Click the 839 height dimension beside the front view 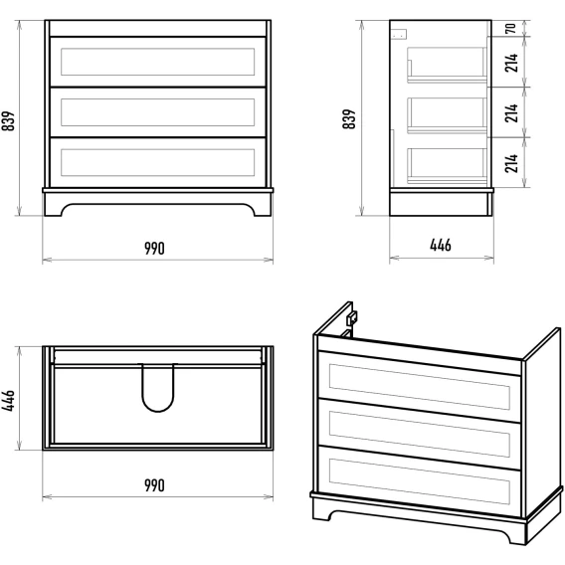pyautogui.click(x=8, y=120)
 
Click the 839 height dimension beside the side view pyautogui.click(x=349, y=119)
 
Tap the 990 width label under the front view pyautogui.click(x=154, y=249)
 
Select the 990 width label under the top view pyautogui.click(x=154, y=485)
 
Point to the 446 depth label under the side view pyautogui.click(x=441, y=245)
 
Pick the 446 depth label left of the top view pyautogui.click(x=8, y=400)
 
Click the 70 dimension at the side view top pyautogui.click(x=511, y=28)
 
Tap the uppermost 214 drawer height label pyautogui.click(x=511, y=63)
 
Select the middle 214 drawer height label pyautogui.click(x=511, y=112)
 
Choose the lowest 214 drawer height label pyautogui.click(x=511, y=163)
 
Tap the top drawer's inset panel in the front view pyautogui.click(x=158, y=62)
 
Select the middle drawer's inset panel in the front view pyautogui.click(x=158, y=112)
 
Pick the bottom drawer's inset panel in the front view pyautogui.click(x=158, y=162)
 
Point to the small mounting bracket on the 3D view pyautogui.click(x=351, y=318)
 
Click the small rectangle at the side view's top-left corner pyautogui.click(x=400, y=34)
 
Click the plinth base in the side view pyautogui.click(x=441, y=204)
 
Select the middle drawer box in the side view pyautogui.click(x=447, y=115)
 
